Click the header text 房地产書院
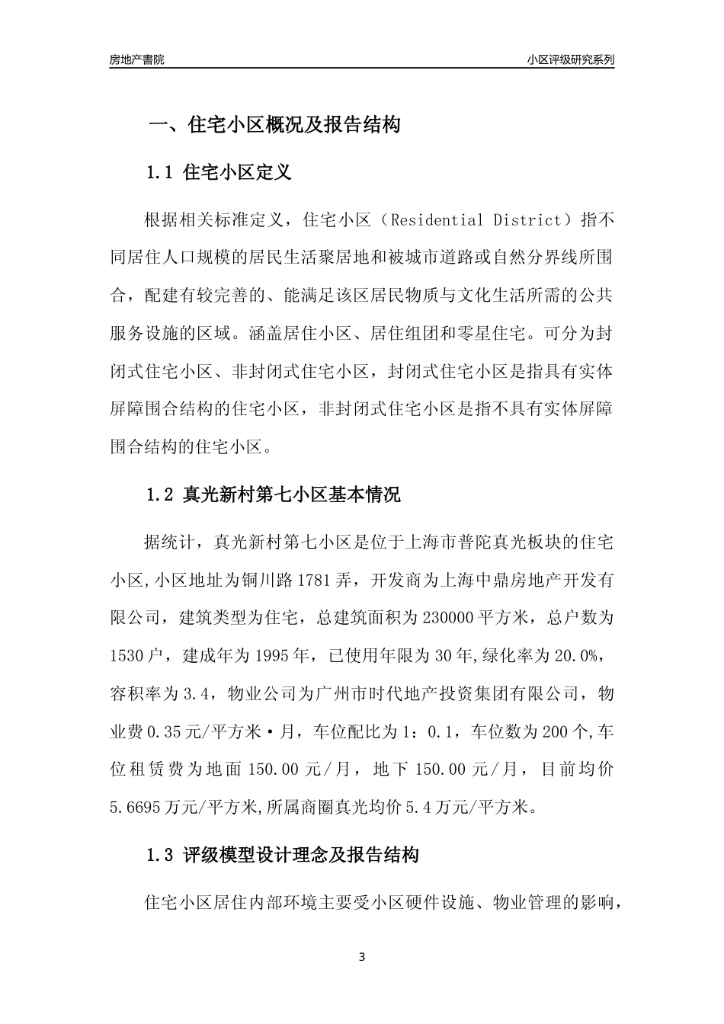tap(136, 59)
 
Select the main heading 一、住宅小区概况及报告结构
tap(274, 125)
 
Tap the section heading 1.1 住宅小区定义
tap(218, 172)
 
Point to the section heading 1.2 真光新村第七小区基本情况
tap(273, 494)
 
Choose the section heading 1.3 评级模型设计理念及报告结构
tap(282, 855)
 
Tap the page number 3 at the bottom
tap(362, 957)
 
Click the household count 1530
tap(127, 654)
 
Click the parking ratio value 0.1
tap(442, 731)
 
